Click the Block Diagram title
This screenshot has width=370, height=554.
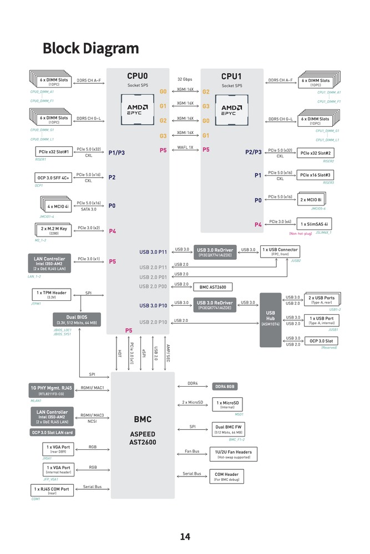90,48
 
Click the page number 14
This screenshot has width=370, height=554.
185,536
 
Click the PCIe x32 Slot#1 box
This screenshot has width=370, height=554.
54,152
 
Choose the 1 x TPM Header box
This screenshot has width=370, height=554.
52,295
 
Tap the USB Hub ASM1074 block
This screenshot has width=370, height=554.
270,320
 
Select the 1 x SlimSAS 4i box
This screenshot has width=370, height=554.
315,224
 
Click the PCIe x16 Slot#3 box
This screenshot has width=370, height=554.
315,175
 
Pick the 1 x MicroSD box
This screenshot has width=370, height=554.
227,404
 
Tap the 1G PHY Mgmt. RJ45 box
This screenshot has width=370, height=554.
51,390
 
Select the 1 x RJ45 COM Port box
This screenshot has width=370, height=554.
52,490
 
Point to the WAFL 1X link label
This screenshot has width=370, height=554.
185,147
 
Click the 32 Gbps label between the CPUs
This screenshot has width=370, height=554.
185,79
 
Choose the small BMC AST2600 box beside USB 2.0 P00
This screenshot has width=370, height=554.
212,287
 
